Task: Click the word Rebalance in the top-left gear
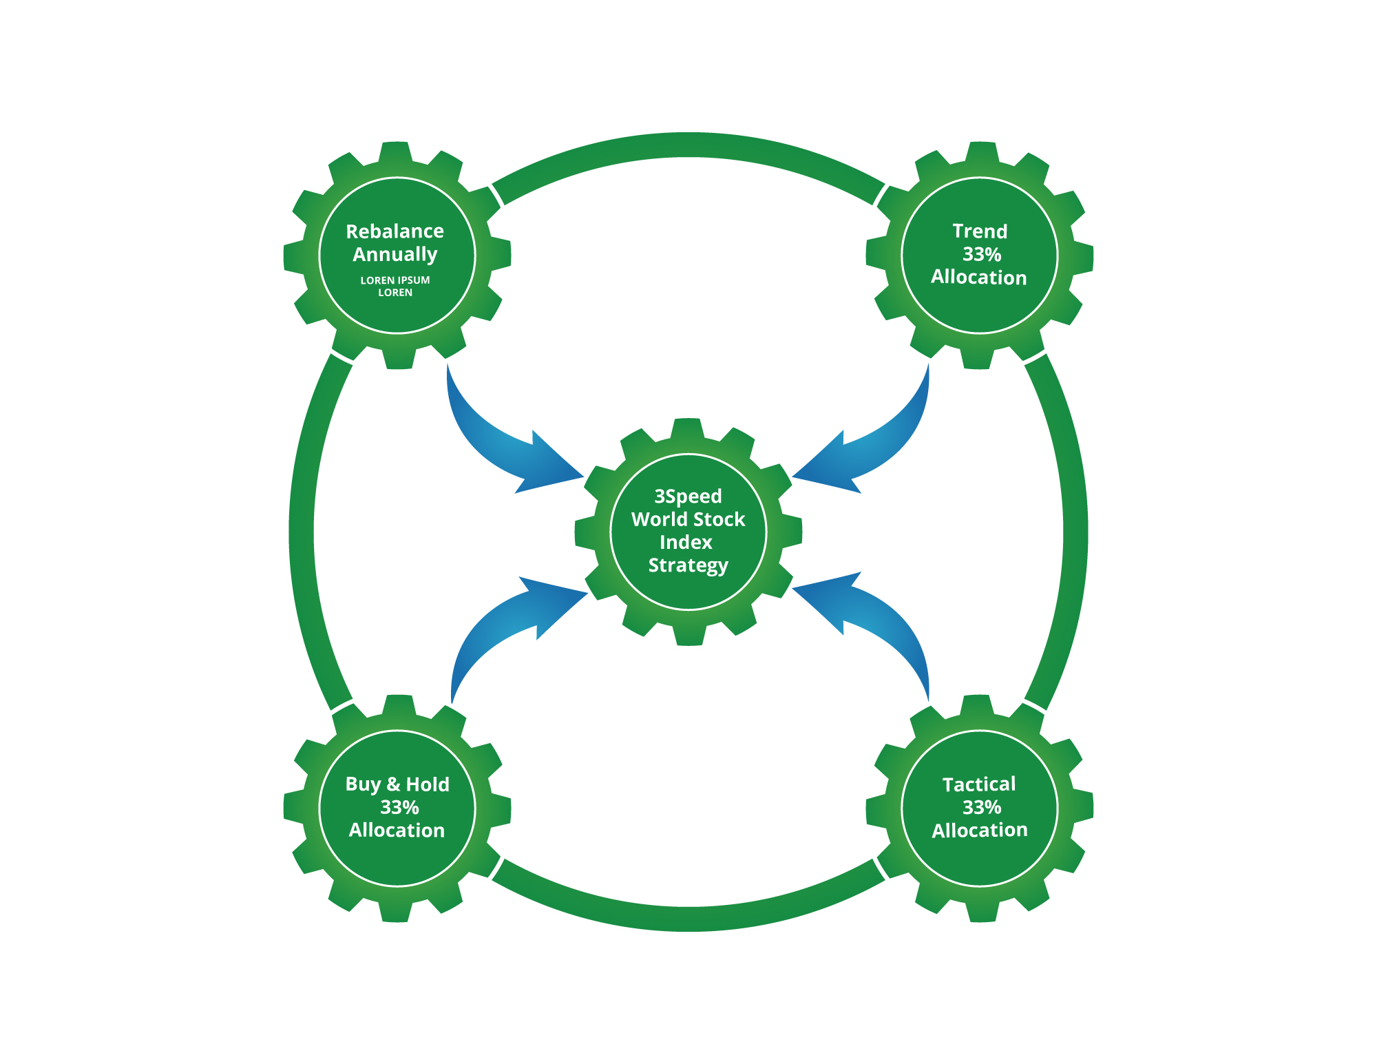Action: tap(395, 231)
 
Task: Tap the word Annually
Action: tap(395, 255)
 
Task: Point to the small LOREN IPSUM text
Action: tap(395, 280)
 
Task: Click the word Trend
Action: tap(980, 231)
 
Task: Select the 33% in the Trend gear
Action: tap(982, 255)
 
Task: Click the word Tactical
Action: tap(979, 784)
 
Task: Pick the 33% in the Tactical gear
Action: tap(982, 807)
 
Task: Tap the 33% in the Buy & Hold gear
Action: tap(399, 807)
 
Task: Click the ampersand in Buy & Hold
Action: tap(393, 784)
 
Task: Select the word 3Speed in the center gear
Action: tap(688, 497)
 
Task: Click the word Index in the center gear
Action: tap(686, 543)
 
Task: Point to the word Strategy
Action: tap(688, 566)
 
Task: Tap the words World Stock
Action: tap(688, 519)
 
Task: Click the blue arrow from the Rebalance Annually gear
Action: tap(503, 448)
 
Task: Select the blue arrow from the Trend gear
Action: tap(874, 448)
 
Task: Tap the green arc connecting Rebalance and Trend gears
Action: tap(688, 145)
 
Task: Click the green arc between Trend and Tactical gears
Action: tap(1075, 532)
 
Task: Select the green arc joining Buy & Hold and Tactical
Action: tap(688, 919)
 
